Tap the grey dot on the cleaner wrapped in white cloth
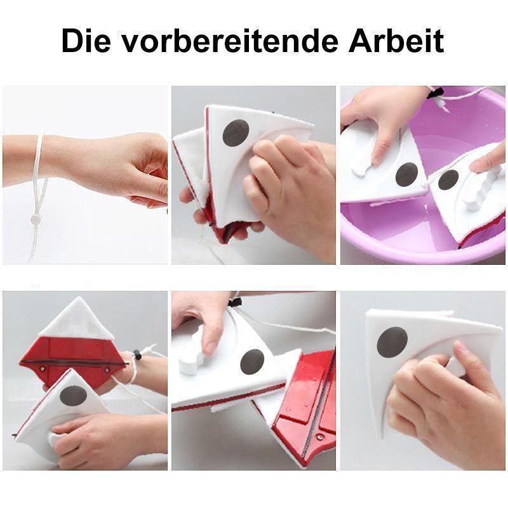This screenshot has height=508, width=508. (x=236, y=132)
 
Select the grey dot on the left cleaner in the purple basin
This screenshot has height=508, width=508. (x=406, y=174)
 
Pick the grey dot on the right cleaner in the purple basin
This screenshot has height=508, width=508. (x=448, y=180)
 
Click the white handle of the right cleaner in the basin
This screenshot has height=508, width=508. (x=479, y=190)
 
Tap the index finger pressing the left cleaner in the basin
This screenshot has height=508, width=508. (x=385, y=143)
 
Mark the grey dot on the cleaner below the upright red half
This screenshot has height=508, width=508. (x=73, y=396)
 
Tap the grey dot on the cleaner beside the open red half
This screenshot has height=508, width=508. (x=252, y=362)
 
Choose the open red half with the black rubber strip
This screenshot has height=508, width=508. (x=305, y=406)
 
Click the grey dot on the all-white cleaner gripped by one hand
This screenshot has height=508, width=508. (x=392, y=342)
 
